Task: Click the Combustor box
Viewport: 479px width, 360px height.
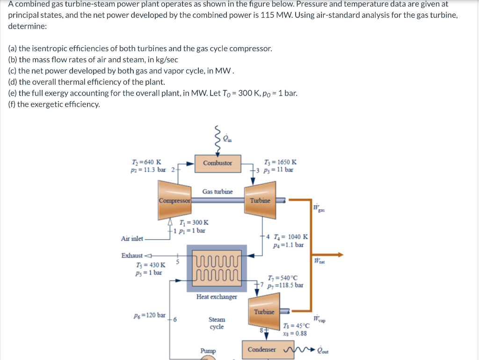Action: pos(218,163)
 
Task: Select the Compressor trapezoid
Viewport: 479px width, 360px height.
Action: pos(175,201)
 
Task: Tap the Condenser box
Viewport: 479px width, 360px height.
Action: pos(262,350)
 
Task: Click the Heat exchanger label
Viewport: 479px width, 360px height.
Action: pos(217,297)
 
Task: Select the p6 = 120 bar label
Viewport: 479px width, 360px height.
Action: pos(150,315)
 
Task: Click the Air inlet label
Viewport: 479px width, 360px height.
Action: pos(132,239)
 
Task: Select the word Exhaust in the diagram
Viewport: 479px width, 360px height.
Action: pos(131,256)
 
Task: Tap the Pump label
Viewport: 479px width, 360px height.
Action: pos(208,351)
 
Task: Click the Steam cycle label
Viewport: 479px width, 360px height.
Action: pos(217,323)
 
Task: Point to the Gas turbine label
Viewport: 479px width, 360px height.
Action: pos(218,191)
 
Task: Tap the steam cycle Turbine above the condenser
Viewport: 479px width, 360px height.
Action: pos(265,317)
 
